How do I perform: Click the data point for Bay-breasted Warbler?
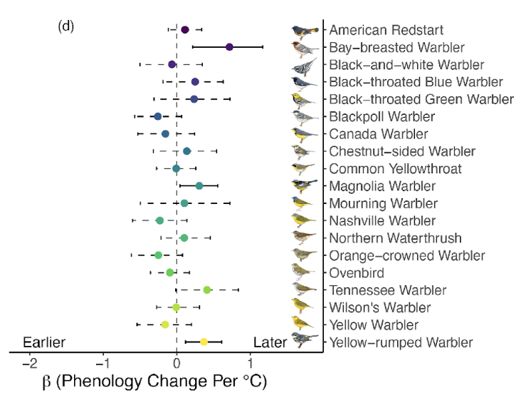pyautogui.click(x=229, y=47)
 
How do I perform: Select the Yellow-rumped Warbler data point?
pyautogui.click(x=204, y=342)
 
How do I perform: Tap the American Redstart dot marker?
pyautogui.click(x=185, y=30)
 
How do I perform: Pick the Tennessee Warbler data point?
pyautogui.click(x=207, y=290)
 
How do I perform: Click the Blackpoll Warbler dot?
pyautogui.click(x=158, y=116)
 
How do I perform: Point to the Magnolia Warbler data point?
pyautogui.click(x=199, y=185)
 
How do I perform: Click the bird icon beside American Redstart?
pyautogui.click(x=305, y=31)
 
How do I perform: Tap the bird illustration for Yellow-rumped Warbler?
pyautogui.click(x=305, y=342)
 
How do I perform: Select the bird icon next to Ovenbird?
pyautogui.click(x=305, y=272)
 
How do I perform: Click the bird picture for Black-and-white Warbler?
pyautogui.click(x=305, y=66)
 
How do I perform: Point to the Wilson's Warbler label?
pyautogui.click(x=380, y=307)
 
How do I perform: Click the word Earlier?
pyautogui.click(x=44, y=342)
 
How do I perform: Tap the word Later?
pyautogui.click(x=270, y=342)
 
